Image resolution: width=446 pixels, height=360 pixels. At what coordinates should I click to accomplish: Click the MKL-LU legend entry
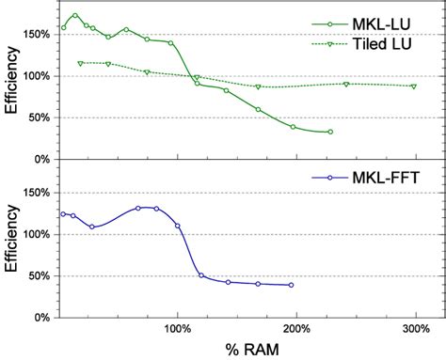tap(378, 23)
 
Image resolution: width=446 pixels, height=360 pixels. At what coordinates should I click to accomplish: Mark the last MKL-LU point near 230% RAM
tap(330, 132)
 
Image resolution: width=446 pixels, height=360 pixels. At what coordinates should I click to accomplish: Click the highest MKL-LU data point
tap(75, 15)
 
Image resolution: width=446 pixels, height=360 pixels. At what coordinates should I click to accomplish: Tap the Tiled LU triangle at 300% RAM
tap(414, 86)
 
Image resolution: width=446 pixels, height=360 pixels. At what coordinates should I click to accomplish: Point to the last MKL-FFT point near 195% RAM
tap(291, 285)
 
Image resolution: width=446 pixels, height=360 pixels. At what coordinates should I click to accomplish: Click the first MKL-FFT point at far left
tap(63, 213)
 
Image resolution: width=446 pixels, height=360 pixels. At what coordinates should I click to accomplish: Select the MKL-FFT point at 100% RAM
tap(178, 226)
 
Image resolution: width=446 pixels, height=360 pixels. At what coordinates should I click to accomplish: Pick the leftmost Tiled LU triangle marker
tap(80, 63)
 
